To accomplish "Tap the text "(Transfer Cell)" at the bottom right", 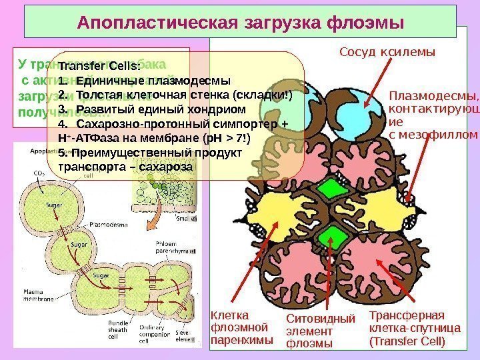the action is [406, 341].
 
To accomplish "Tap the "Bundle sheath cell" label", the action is [118, 330].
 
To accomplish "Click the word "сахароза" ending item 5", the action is [166, 166].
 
